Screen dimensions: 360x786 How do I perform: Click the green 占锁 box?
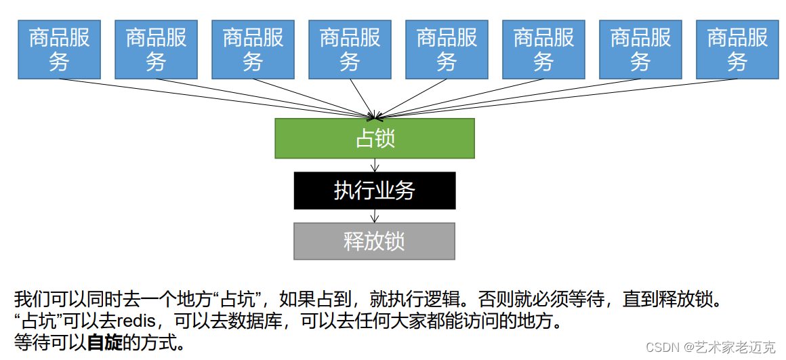[x=374, y=139]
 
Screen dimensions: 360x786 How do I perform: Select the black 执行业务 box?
[x=374, y=191]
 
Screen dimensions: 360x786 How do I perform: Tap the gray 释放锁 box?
[x=374, y=241]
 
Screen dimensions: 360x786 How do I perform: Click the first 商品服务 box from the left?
[x=59, y=49]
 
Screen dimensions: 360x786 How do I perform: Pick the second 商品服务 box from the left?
[x=156, y=49]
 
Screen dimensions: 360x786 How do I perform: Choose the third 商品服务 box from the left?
[x=253, y=49]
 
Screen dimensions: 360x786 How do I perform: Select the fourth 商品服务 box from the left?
[x=350, y=49]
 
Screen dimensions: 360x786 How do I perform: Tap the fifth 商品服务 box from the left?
[x=447, y=49]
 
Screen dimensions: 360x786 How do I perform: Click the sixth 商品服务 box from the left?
[x=543, y=49]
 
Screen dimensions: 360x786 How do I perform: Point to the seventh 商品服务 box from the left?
[x=640, y=49]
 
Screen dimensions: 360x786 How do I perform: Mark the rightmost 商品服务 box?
[x=737, y=49]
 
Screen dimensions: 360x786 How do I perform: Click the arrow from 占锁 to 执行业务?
[x=374, y=165]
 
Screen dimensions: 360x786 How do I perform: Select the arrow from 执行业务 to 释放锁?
[x=374, y=216]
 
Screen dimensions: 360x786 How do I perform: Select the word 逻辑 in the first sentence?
[x=447, y=298]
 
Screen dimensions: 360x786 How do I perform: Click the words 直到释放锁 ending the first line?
[x=675, y=298]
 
